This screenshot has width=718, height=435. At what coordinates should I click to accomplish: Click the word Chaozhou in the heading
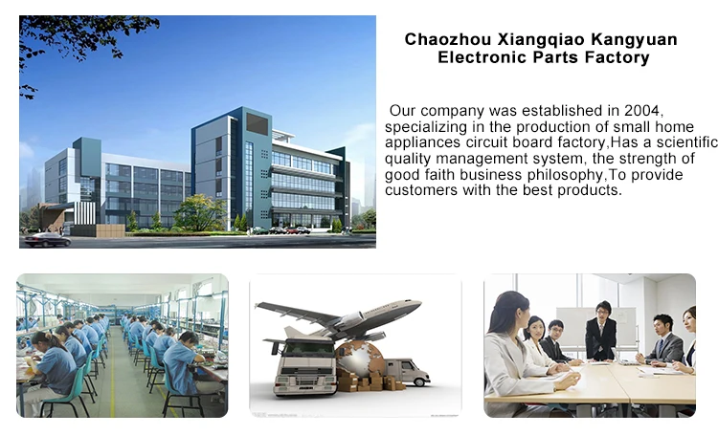(x=449, y=40)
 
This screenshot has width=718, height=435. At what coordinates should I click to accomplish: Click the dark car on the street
(x=48, y=240)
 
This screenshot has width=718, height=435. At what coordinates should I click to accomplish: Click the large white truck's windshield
(x=308, y=350)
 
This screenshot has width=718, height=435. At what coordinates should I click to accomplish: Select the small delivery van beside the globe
(x=407, y=371)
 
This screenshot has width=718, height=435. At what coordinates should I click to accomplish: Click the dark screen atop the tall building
(x=258, y=124)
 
